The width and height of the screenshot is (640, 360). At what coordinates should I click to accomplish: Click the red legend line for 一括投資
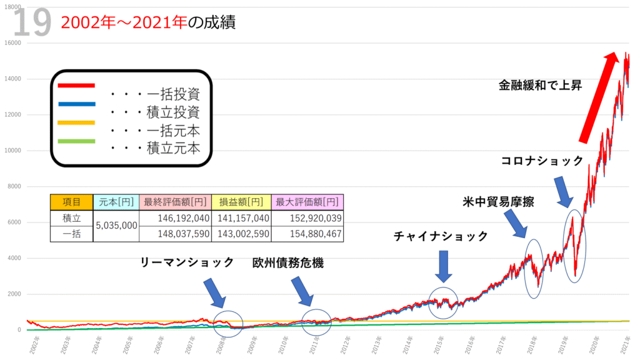point(76,85)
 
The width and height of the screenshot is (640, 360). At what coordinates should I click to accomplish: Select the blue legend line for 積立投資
point(76,104)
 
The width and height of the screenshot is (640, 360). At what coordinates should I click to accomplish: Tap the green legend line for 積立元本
point(76,141)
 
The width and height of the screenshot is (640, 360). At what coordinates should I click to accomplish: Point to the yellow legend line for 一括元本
point(76,122)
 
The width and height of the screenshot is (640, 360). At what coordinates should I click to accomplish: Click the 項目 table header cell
point(70,202)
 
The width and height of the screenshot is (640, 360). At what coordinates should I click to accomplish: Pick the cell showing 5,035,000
point(115,226)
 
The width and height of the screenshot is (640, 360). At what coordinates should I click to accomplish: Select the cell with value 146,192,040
point(175,217)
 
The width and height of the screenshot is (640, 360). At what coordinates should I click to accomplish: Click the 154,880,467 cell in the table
point(307,234)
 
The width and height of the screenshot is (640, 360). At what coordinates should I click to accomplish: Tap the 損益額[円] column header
point(241,202)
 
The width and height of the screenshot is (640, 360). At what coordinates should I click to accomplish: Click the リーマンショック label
point(187,263)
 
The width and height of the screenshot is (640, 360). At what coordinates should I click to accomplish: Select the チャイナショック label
point(441,236)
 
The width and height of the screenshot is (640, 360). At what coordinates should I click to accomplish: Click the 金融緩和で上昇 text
point(540,84)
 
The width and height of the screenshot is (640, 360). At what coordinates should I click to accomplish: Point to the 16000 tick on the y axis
point(13,43)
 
